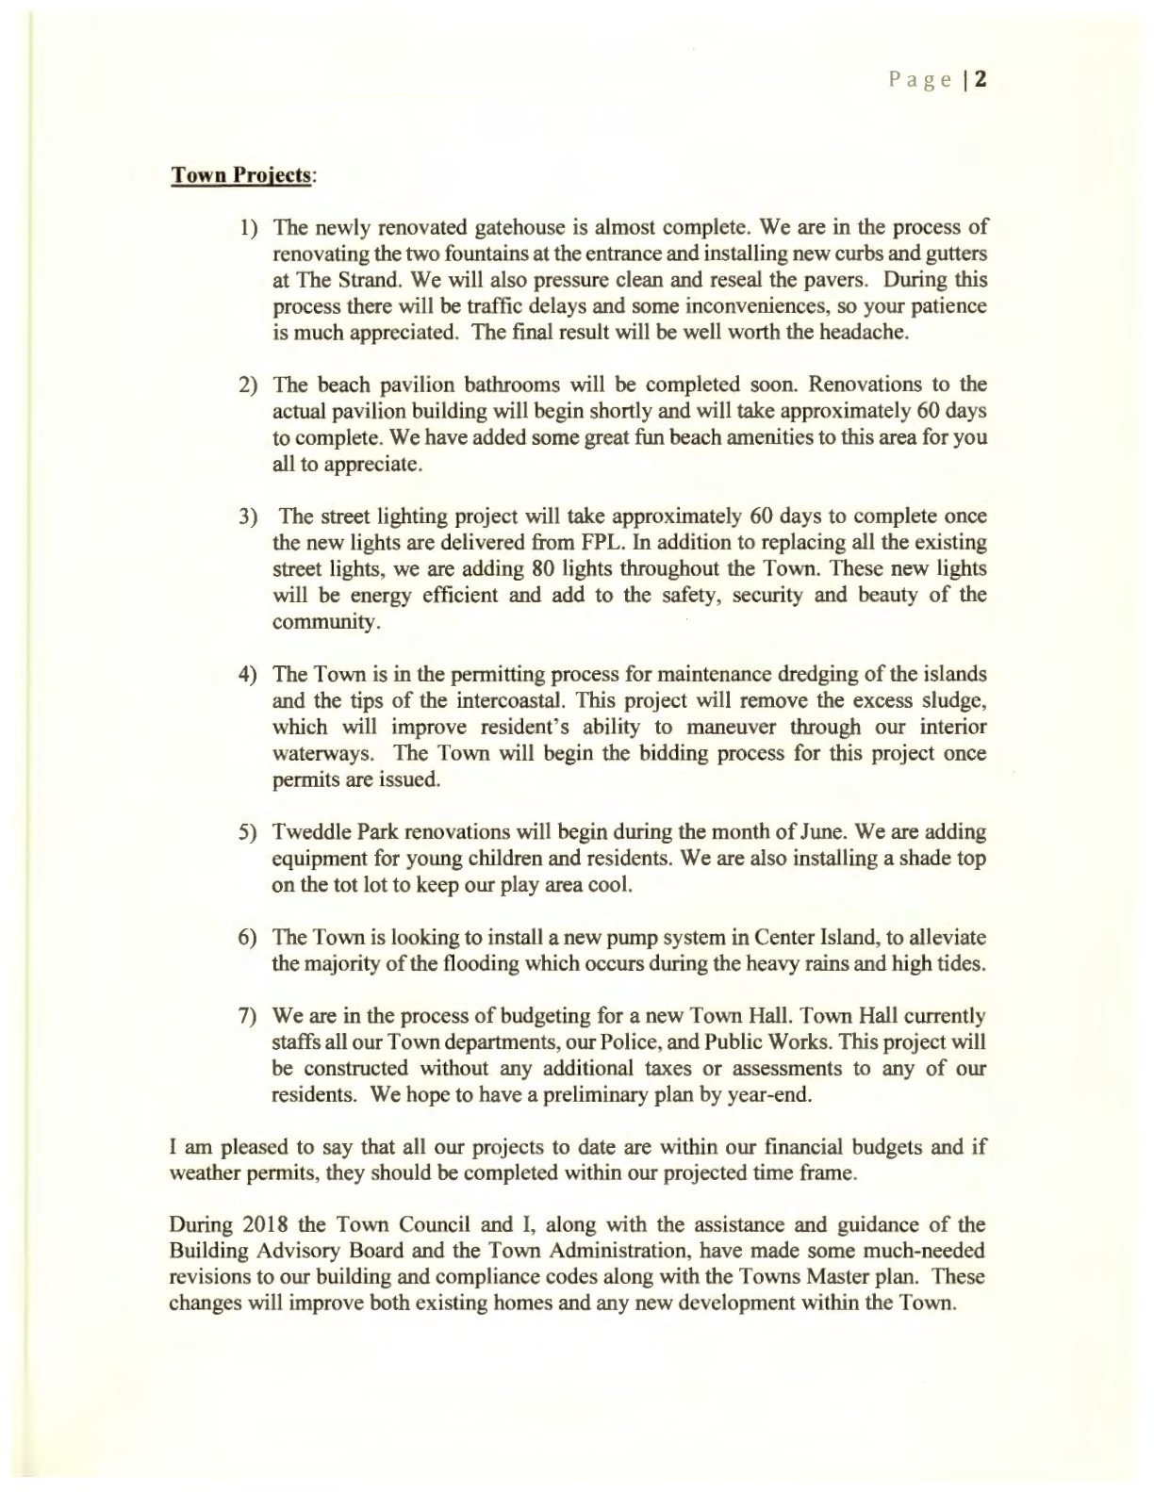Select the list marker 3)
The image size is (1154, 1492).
click(248, 516)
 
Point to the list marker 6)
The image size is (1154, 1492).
click(248, 938)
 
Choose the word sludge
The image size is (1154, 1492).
click(953, 701)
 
